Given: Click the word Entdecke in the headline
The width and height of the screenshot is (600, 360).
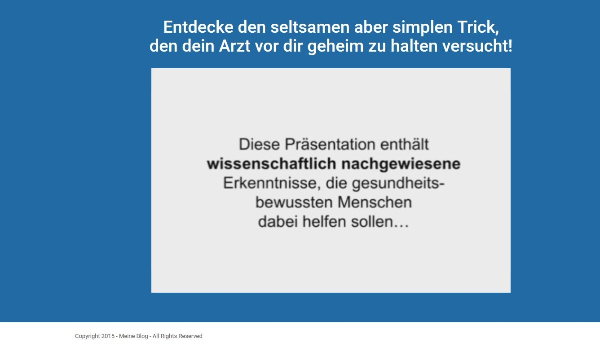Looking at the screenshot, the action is coord(198,27).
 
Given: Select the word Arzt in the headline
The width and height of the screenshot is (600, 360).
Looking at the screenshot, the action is coord(234,46).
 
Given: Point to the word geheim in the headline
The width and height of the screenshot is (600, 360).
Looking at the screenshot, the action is coord(335,47).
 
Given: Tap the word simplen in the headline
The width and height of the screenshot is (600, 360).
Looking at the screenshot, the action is coord(423,28).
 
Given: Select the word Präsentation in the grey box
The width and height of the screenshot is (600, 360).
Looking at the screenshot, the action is coord(330,144).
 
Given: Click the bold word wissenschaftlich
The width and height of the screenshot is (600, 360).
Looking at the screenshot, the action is coord(271,163).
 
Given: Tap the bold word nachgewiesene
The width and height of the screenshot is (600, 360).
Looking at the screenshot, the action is coord(401,164).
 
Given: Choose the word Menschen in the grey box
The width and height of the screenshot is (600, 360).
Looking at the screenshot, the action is coord(375,202).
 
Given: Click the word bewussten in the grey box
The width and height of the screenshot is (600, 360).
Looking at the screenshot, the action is coord(294,202).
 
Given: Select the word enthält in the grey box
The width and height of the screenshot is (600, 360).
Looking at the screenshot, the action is coord(405,144).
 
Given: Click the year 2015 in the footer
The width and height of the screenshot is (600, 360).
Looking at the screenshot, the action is coord(108,336).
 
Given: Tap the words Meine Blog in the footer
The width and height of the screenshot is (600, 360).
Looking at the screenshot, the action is coord(133,336).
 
